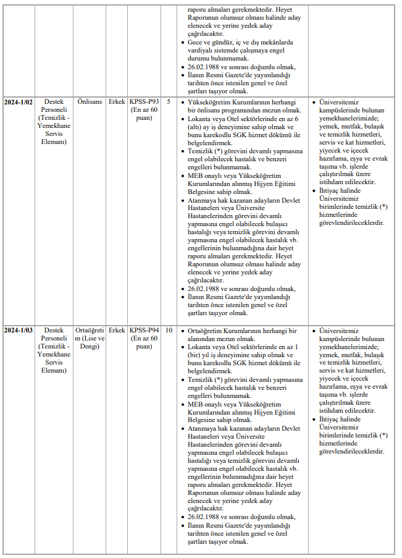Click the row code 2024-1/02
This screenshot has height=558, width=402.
tap(19, 101)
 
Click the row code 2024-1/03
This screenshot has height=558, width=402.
tap(19, 331)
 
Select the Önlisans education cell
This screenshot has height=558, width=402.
tap(90, 101)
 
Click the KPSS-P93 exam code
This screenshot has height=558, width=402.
tap(143, 101)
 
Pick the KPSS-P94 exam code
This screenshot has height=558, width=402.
tap(143, 331)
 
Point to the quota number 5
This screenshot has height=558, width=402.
tap(169, 101)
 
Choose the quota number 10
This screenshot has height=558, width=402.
tap(169, 331)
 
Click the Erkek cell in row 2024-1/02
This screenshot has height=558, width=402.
tap(116, 101)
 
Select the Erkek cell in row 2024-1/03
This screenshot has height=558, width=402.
tap(116, 331)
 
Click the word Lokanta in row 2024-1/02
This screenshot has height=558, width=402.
tap(201, 118)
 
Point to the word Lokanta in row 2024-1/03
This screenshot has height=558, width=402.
tap(201, 347)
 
